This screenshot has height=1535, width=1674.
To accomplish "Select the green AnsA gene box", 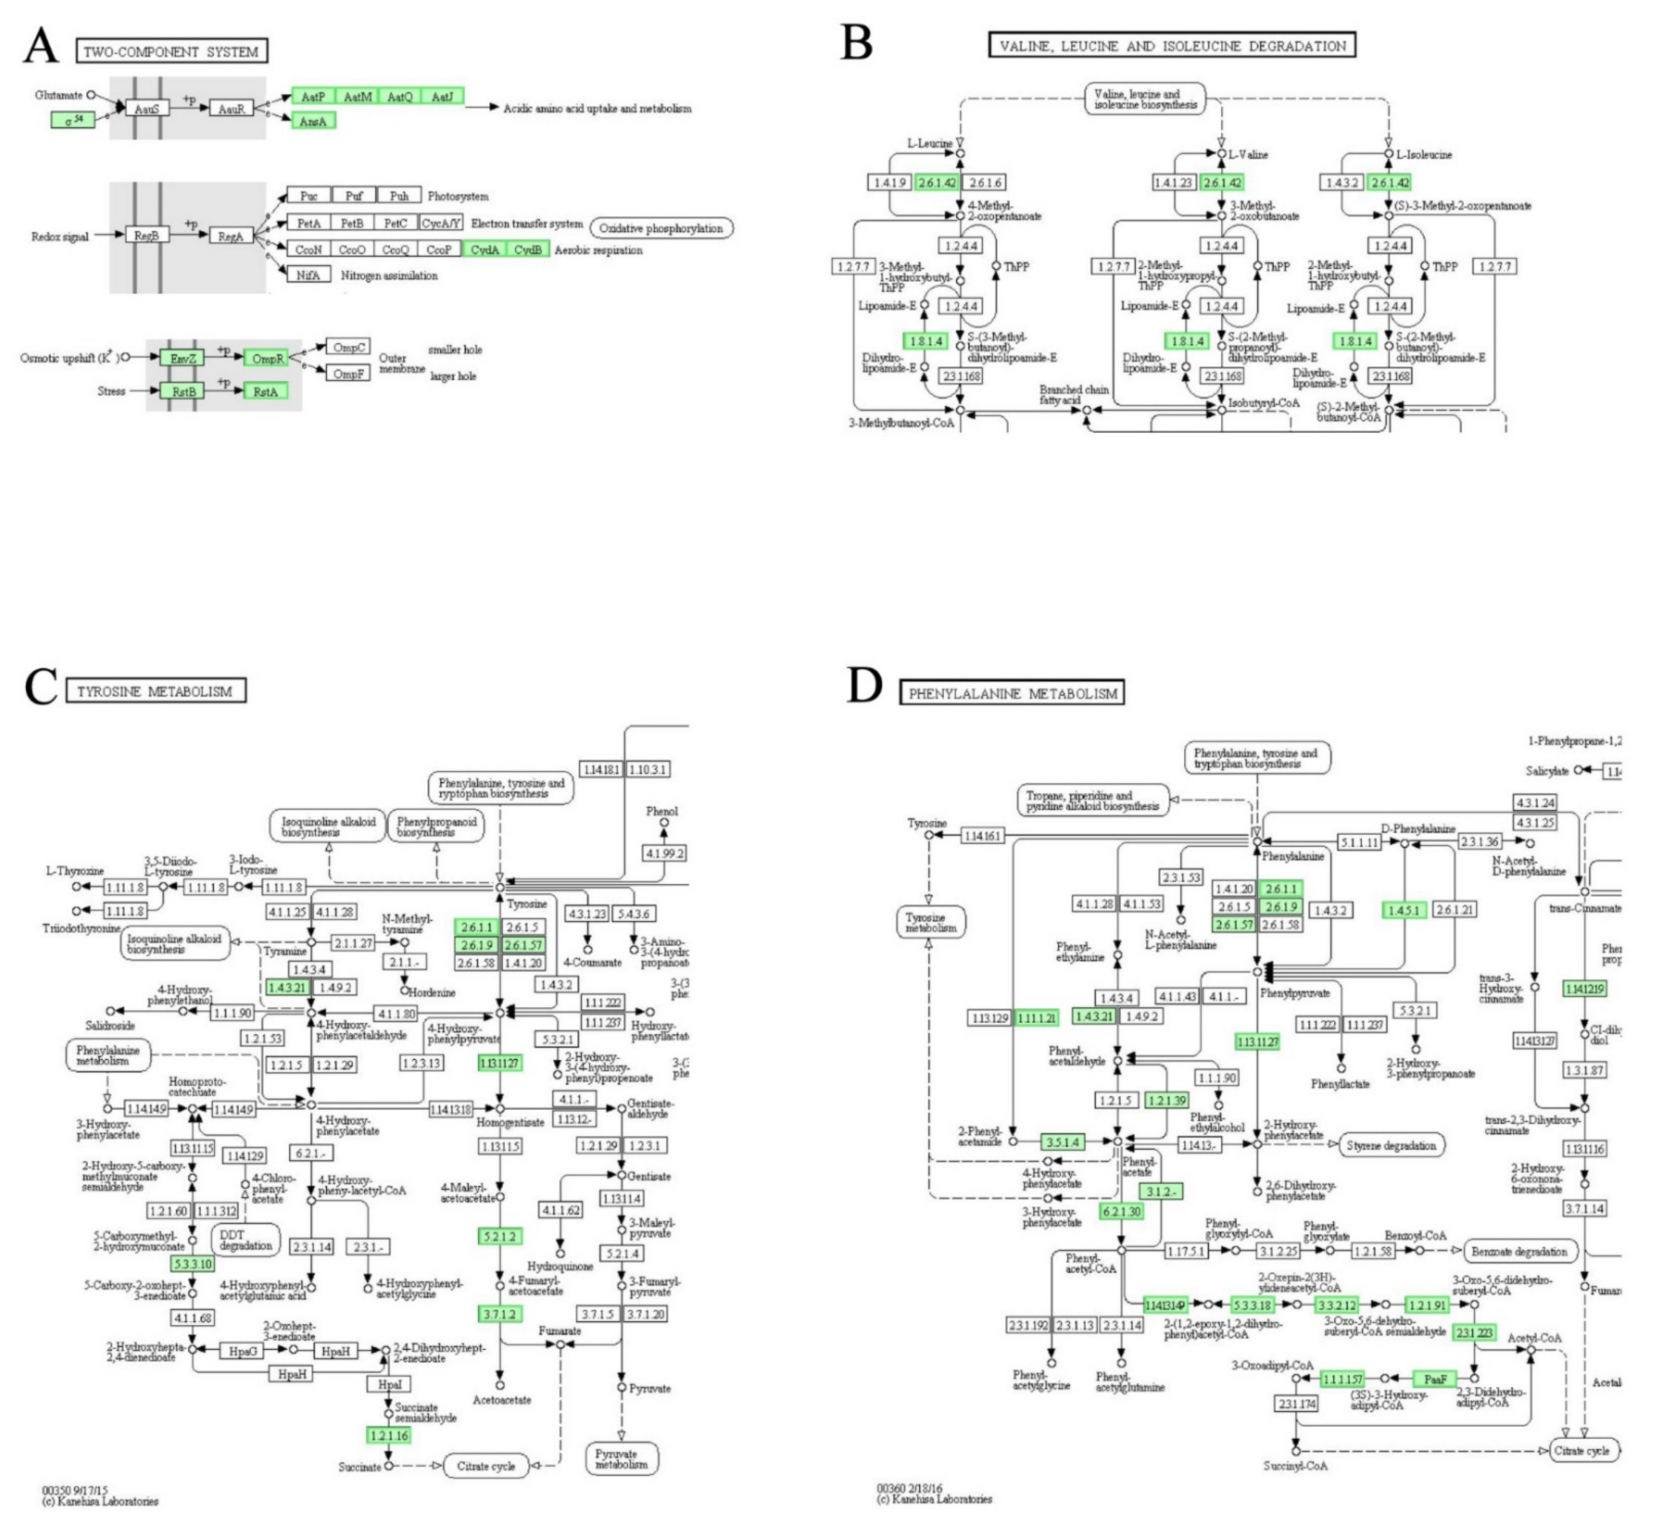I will pos(313,121).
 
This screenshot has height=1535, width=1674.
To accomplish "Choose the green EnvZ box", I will pos(182,358).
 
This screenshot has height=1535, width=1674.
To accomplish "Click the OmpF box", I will pos(348,374).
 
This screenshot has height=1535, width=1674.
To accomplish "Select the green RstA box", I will pos(266,391).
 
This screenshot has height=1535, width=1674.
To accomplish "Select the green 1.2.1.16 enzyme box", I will pos(389,1435).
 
